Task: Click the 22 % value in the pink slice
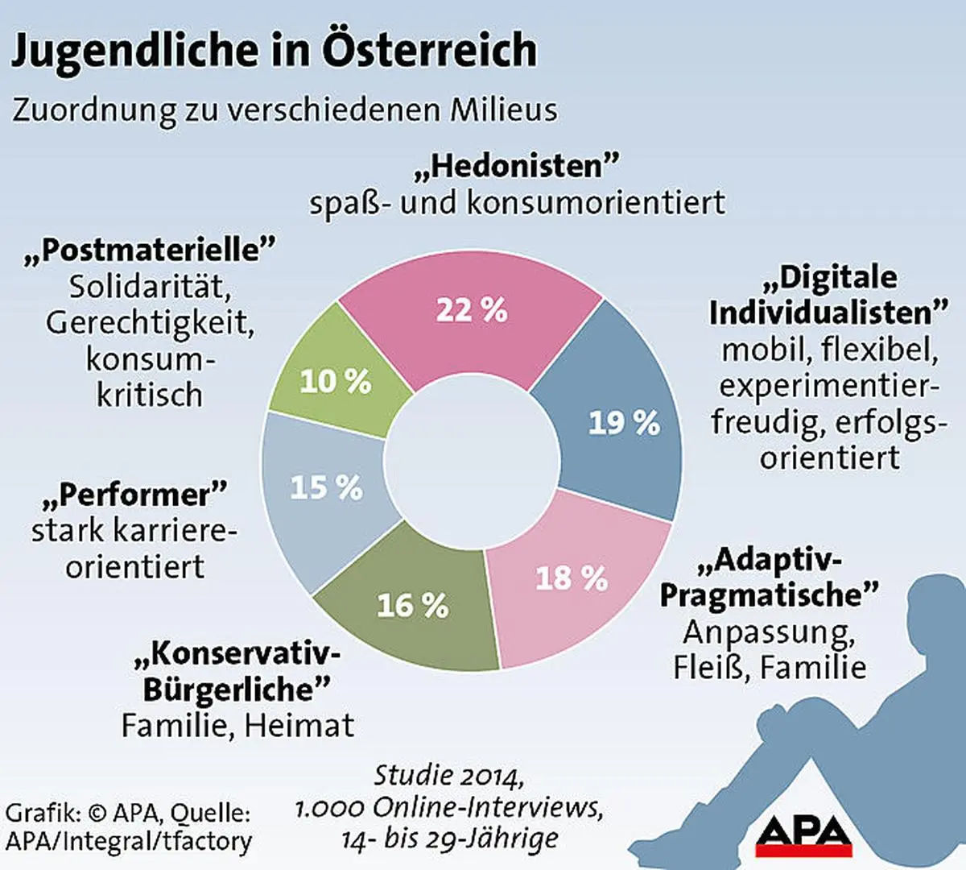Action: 472,310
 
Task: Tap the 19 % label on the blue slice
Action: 624,423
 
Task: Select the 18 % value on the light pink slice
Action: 572,578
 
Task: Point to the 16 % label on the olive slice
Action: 412,605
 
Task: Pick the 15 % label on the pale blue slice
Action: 326,487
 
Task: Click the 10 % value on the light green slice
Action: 336,381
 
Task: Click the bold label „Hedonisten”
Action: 517,166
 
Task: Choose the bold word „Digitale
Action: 829,277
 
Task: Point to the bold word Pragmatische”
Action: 769,595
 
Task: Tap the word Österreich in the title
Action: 430,50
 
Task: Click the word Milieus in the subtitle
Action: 503,110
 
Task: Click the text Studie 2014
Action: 449,775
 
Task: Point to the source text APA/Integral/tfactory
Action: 129,841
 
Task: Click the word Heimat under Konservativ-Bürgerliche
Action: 299,726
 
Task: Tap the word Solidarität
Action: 150,287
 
